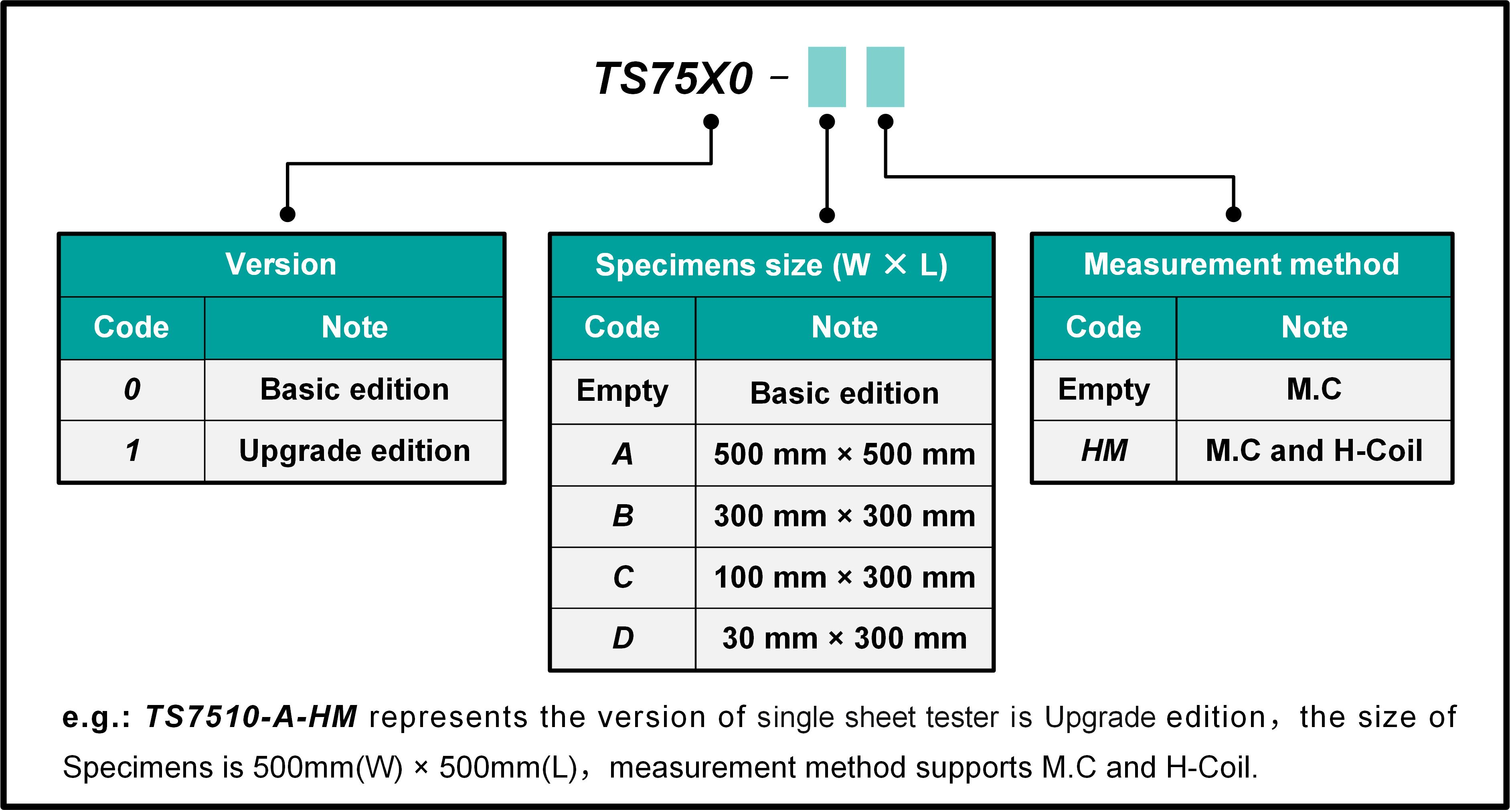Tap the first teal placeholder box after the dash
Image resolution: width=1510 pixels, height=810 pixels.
coord(826,77)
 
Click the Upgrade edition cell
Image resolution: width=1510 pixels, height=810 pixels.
coord(354,451)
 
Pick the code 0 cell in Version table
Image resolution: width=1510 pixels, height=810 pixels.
coord(132,389)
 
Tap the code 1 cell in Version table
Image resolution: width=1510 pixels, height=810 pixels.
coord(132,451)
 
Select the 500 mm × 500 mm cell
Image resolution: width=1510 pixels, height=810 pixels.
coord(844,454)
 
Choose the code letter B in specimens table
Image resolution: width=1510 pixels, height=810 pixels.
coord(623,516)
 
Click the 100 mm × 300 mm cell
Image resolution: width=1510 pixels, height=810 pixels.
coord(844,577)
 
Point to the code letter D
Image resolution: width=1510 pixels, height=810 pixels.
coord(623,638)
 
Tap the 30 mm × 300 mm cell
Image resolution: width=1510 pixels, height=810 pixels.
coord(844,638)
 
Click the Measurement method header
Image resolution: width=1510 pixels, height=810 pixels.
coord(1241,265)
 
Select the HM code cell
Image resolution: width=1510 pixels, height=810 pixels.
coord(1104,451)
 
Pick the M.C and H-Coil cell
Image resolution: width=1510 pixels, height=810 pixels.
coord(1314,451)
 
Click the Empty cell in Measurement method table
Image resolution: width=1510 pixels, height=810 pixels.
coord(1104,389)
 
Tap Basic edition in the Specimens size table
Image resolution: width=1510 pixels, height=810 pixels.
coord(844,393)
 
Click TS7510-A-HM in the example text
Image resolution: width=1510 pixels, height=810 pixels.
coord(251,717)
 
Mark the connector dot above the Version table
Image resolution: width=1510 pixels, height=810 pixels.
coord(287,214)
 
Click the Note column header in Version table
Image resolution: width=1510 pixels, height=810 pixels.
coord(354,327)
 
